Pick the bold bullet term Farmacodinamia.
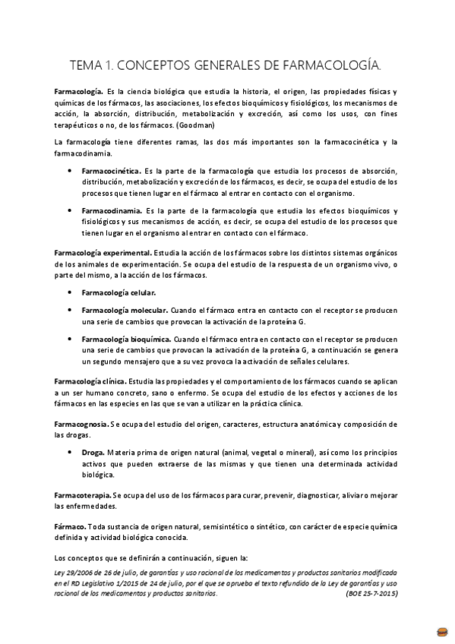pos(111,210)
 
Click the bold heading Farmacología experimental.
pos(102,251)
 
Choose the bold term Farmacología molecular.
pos(125,311)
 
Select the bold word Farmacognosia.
pos(81,422)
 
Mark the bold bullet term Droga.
pos(93,452)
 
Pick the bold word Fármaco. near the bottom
pos(70,525)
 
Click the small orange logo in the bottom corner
pos(441,632)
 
